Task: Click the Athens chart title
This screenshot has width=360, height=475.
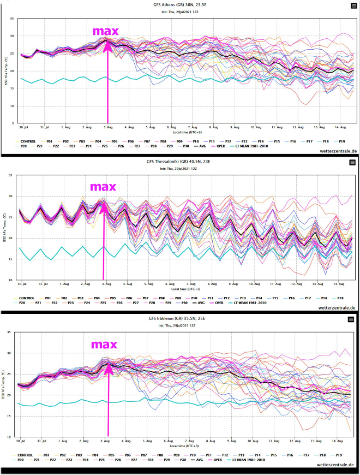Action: tap(180, 5)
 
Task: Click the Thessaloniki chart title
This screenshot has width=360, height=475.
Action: tap(180, 163)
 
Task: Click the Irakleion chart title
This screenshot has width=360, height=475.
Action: tap(180, 320)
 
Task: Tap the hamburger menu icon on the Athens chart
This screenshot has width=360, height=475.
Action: tap(353, 5)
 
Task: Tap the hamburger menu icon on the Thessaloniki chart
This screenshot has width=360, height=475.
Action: tap(353, 163)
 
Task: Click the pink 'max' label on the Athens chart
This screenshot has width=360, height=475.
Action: tap(105, 31)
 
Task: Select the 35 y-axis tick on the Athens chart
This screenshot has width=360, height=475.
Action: tap(12, 19)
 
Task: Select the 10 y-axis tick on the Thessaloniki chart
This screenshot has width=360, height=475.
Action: tap(12, 280)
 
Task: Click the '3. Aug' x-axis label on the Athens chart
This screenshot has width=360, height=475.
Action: tap(107, 127)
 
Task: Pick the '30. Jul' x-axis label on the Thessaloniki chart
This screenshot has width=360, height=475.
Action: tap(22, 284)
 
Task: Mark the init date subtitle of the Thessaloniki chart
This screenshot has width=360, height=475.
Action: tap(180, 169)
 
